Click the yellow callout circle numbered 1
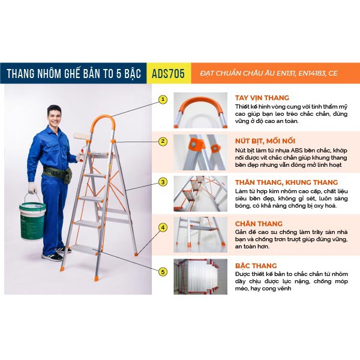[163, 100]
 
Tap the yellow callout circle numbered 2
[163, 141]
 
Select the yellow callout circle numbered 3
[163, 182]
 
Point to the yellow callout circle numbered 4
[163, 228]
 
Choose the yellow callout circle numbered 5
[163, 272]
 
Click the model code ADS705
[168, 73]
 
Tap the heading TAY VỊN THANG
[262, 98]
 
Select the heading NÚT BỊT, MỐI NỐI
[265, 141]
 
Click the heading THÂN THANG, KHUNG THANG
[286, 182]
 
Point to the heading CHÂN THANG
[259, 224]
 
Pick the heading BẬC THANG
[256, 266]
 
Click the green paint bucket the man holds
[32, 221]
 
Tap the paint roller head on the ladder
[82, 136]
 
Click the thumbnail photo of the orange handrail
[200, 110]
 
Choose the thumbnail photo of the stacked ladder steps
[200, 277]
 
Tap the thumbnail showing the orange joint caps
[200, 152]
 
